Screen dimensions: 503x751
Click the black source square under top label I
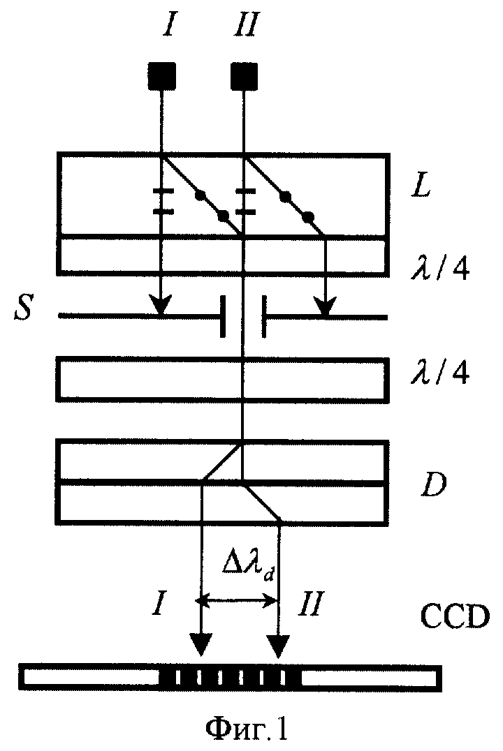coord(162,76)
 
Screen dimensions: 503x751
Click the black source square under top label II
coord(245,76)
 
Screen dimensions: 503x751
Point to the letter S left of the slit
coord(22,307)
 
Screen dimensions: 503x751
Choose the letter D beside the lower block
coord(433,484)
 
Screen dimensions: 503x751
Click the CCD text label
coord(455,616)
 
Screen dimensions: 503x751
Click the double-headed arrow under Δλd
coord(240,600)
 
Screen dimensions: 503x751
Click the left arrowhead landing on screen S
coord(161,306)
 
